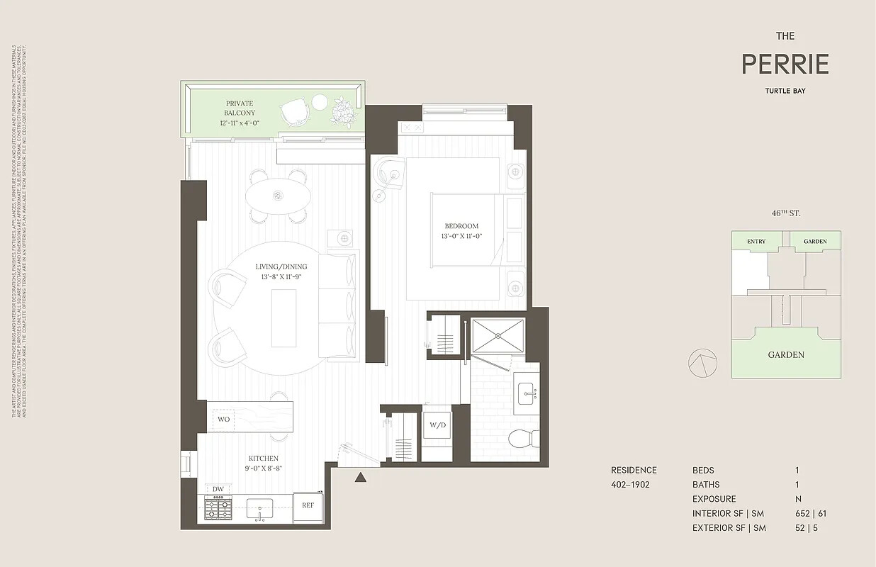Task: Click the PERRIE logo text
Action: [785, 64]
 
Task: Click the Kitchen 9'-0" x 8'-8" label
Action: [263, 464]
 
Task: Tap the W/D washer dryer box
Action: [437, 426]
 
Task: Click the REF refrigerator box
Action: [308, 505]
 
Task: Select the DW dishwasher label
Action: [218, 489]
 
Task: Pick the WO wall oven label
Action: [223, 419]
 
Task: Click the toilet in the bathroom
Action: [524, 439]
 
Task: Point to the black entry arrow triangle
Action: [361, 478]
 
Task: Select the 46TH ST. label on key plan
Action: [786, 213]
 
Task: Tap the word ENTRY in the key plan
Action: [756, 242]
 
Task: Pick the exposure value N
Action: [798, 499]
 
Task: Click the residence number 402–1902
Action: [630, 485]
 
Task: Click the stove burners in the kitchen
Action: [218, 507]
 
